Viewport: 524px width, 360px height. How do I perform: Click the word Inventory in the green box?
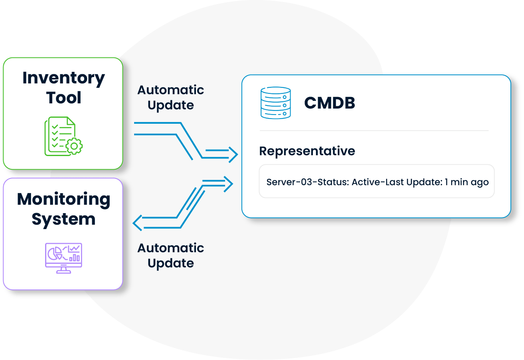63,78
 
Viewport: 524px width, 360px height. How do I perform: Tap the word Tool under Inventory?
64,98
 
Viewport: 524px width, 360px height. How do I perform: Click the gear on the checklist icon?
74,146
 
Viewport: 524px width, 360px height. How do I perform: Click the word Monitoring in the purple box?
63,199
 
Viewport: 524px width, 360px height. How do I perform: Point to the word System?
63,219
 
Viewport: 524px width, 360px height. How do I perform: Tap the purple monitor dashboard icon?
63,258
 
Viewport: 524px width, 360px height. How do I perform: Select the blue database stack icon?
275,103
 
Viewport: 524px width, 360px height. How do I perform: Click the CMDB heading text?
330,103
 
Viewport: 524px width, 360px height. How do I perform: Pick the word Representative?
307,151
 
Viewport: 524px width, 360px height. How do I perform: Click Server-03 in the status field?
285,182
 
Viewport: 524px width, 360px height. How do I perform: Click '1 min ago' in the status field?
467,182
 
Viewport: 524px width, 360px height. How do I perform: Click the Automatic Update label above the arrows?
170,97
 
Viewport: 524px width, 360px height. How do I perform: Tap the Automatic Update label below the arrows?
170,255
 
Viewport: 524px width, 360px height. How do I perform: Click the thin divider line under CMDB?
374,131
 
